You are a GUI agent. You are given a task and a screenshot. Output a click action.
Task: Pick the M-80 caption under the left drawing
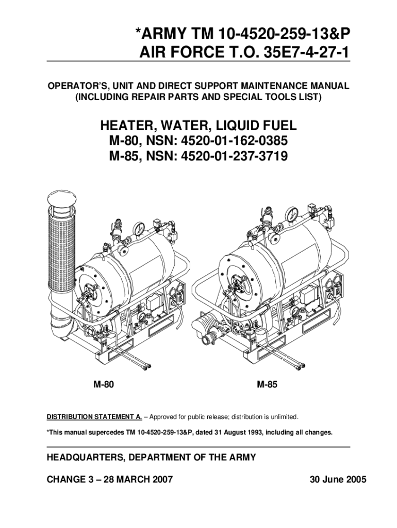(x=104, y=384)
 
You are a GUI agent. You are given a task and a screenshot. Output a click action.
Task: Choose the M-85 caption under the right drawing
(x=267, y=384)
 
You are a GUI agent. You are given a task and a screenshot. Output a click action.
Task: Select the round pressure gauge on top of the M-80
(x=138, y=229)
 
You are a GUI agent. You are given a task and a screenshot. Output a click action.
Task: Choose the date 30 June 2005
(x=338, y=479)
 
